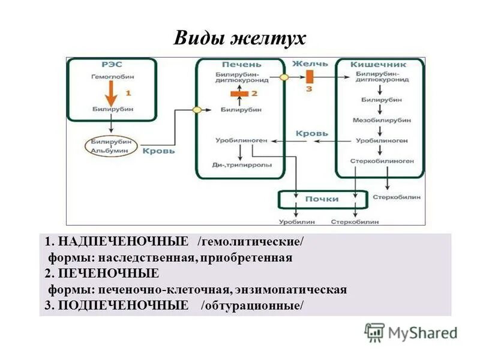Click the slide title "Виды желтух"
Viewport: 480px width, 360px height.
tap(240, 38)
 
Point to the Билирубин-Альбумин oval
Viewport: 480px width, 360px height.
tap(113, 146)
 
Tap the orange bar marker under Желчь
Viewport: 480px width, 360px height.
tap(310, 77)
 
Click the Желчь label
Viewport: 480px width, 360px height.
tap(310, 64)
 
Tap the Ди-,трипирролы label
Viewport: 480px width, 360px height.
tap(242, 164)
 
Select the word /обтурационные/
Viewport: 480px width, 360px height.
tap(253, 305)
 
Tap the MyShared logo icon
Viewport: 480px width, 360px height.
tap(375, 332)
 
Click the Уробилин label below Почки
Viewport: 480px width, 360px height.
tap(296, 222)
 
